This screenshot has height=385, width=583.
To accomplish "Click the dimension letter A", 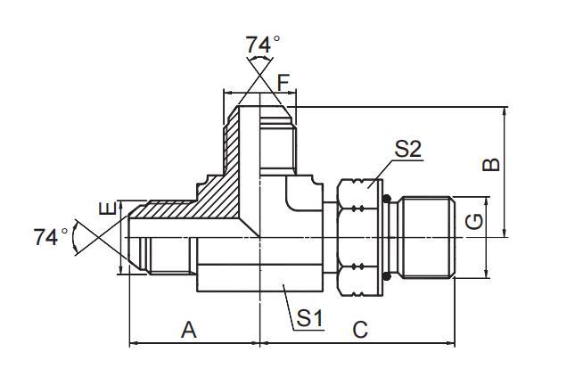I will click(x=189, y=330).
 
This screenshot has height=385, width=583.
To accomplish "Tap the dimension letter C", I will click(x=359, y=330).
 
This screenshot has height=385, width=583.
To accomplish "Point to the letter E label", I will click(x=107, y=210).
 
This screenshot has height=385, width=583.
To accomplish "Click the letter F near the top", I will click(x=283, y=83).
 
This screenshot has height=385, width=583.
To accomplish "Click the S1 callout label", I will click(x=309, y=316).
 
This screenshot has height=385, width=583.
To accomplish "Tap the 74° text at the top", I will click(x=263, y=44).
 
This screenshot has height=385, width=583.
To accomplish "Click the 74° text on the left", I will click(x=51, y=237).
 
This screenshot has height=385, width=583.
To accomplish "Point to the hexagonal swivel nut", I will click(x=358, y=237).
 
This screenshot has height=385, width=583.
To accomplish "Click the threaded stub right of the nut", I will click(x=424, y=237).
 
